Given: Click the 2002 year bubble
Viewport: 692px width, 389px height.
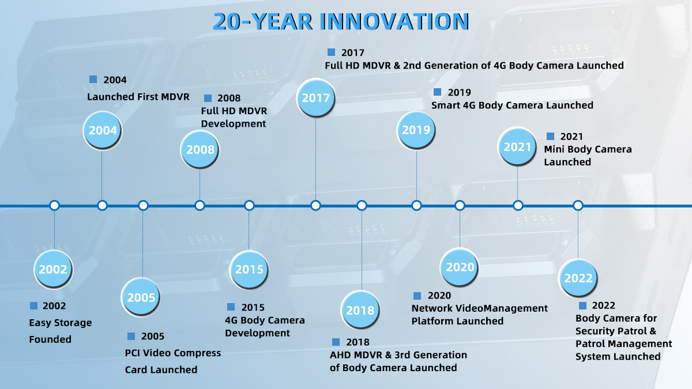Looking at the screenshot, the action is [x=54, y=269].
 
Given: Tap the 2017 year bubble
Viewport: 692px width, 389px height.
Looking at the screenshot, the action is [x=315, y=97].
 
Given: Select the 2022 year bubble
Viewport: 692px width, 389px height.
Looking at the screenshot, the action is [x=578, y=278].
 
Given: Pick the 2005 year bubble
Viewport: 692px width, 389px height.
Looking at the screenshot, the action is [x=141, y=297].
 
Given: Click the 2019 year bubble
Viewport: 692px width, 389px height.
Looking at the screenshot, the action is [x=416, y=130].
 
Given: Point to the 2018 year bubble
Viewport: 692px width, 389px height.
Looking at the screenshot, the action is [x=360, y=309].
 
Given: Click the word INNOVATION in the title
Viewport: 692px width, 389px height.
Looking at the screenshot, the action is [x=394, y=22].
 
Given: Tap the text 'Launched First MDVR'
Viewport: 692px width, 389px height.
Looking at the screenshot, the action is [x=138, y=97].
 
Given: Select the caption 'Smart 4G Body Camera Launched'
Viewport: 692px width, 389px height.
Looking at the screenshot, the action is [x=512, y=105].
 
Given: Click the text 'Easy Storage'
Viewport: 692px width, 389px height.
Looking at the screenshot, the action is [x=60, y=323].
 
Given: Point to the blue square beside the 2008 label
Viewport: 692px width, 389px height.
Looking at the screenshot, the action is [x=208, y=98].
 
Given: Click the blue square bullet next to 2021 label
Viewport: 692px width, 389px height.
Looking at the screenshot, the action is [x=550, y=136].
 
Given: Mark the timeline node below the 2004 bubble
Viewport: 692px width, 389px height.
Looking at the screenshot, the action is [x=102, y=205].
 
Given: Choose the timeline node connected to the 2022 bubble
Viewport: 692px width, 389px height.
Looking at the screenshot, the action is [x=578, y=205].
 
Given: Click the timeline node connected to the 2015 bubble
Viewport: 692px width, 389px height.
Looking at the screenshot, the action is [x=249, y=205].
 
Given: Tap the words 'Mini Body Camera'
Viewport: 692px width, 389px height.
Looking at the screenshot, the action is [x=588, y=149].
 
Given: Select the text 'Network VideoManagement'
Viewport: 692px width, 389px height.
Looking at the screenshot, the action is [x=479, y=308].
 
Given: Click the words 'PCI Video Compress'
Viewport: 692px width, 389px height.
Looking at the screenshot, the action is [x=172, y=353].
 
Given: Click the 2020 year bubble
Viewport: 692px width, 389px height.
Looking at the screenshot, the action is [x=460, y=267].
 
